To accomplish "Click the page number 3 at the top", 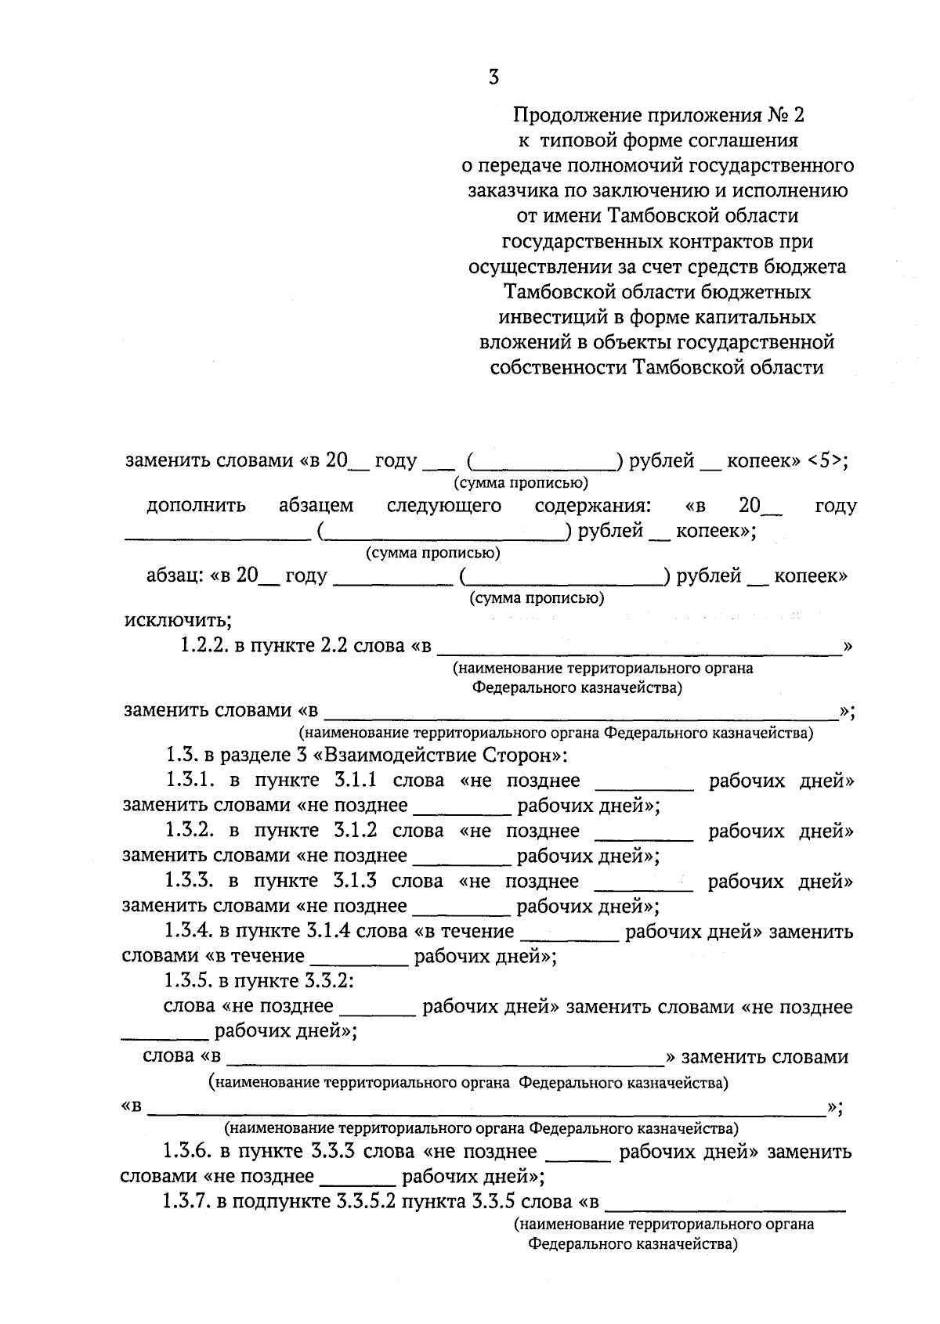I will (x=493, y=77).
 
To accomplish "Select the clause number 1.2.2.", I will (x=200, y=647).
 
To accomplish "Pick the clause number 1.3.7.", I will (x=186, y=1202).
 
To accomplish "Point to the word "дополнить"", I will (x=196, y=506).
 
